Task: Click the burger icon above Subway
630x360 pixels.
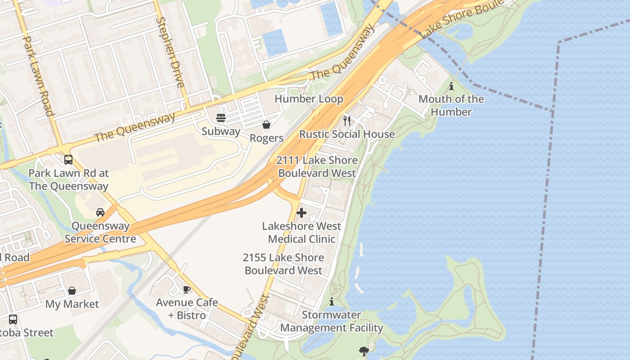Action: pos(221,118)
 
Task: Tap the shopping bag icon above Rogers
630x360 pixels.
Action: pos(266,125)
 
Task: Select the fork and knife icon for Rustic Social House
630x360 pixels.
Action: pos(347,121)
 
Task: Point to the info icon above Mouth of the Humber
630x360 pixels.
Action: pos(451,86)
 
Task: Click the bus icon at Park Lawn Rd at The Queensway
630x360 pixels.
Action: pos(68,160)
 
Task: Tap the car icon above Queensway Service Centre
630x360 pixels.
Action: pos(100,212)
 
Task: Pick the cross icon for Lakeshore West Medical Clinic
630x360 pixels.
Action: pos(301,213)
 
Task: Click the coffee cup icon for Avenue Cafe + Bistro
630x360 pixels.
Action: pos(187,289)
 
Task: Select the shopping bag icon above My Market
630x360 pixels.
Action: pos(72,291)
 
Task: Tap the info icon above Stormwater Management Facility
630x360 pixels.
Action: pos(332,301)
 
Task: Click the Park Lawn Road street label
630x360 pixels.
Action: pos(38,76)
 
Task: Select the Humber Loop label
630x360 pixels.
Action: pos(309,99)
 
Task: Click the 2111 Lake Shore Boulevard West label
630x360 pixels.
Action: pos(317,166)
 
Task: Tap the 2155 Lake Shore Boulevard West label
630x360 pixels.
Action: pos(283,264)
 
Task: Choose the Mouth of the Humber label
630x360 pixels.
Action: pos(451,105)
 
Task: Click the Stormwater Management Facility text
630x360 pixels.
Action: pos(332,321)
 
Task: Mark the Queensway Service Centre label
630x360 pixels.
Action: pos(100,232)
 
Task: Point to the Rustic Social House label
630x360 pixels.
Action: pos(347,134)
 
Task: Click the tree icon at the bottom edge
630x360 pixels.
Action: pos(364,351)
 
